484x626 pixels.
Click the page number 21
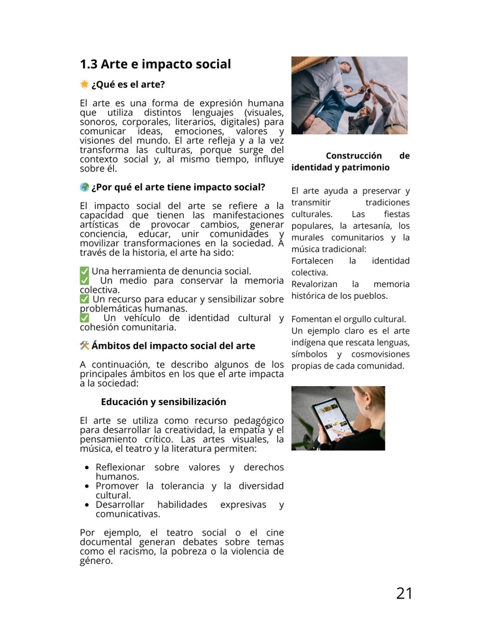[x=404, y=593]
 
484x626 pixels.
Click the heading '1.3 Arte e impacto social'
[x=155, y=64]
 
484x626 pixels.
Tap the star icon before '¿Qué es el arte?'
[x=84, y=84]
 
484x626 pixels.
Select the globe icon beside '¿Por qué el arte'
[x=84, y=187]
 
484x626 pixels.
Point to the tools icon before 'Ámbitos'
[x=84, y=346]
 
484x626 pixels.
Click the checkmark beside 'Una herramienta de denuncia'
[x=84, y=272]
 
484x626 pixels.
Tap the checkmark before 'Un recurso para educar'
[x=84, y=299]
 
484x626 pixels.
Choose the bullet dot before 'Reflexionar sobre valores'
[x=87, y=468]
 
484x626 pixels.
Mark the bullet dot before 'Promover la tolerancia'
[x=87, y=486]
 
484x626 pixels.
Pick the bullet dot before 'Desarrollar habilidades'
[x=87, y=505]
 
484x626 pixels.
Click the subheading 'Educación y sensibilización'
[x=164, y=402]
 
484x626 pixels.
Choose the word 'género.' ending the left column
[x=96, y=561]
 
